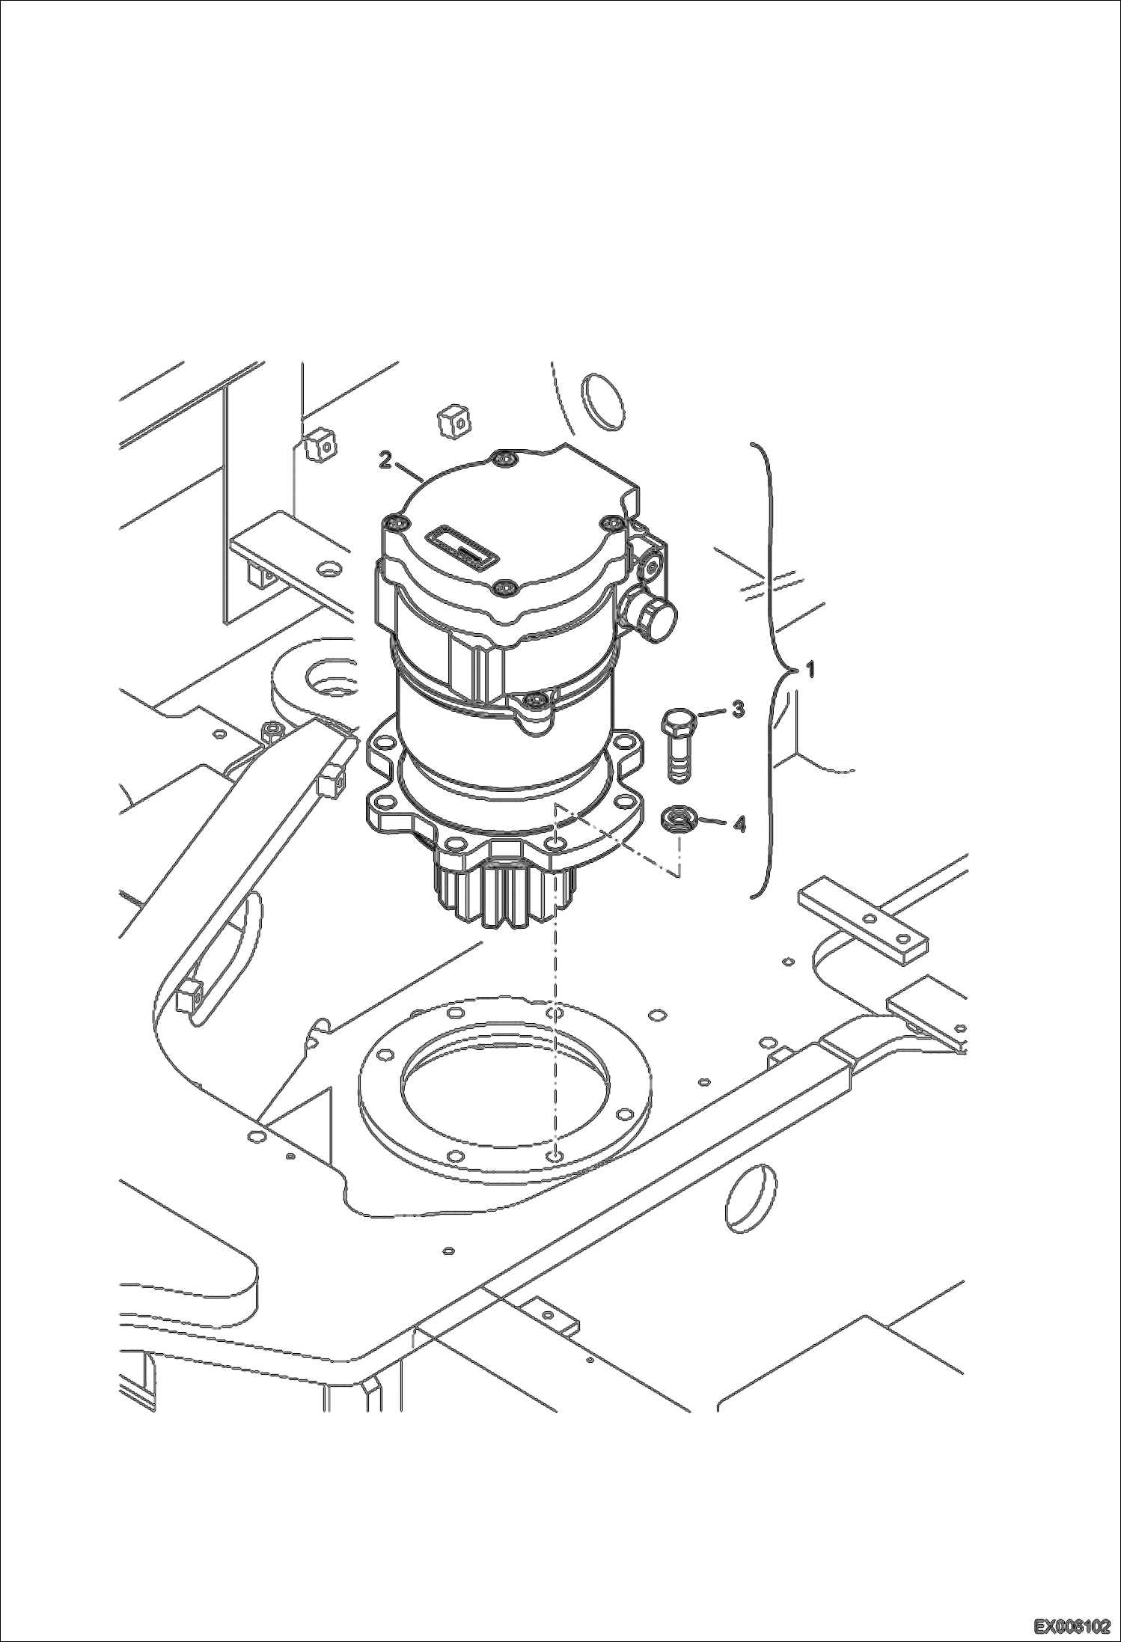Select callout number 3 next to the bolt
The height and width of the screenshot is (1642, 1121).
tap(738, 709)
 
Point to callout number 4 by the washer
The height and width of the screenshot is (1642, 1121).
tap(739, 825)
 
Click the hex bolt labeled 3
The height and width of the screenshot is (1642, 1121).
tap(679, 745)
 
